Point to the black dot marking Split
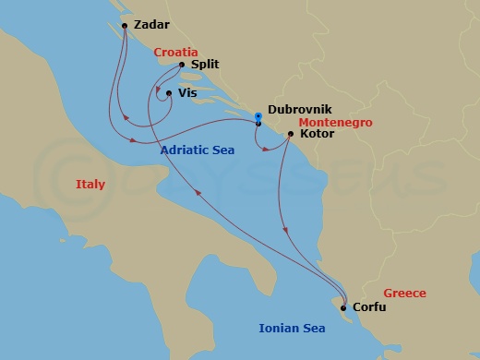(180, 66)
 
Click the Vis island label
(200, 93)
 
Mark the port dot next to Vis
(168, 93)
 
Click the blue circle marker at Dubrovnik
(258, 115)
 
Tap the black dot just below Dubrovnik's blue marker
(258, 124)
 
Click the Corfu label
(369, 307)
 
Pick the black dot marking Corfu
(343, 307)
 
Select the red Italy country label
(90, 185)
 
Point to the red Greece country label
(405, 294)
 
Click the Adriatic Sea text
(197, 150)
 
